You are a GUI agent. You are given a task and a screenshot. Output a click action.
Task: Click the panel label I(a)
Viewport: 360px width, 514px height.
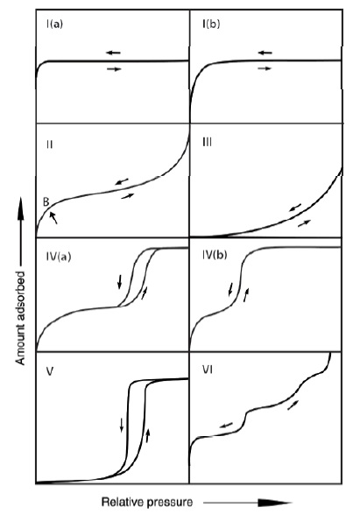tap(54, 25)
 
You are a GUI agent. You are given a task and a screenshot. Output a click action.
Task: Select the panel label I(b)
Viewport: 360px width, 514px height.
tap(211, 24)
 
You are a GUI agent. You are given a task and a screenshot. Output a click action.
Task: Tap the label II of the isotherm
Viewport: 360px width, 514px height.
tap(50, 144)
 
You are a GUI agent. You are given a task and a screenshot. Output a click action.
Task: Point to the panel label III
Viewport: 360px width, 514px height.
tap(208, 143)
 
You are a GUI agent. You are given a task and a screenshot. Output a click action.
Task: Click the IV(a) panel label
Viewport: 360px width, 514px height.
tap(59, 257)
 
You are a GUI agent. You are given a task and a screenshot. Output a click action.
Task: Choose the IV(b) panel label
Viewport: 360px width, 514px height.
tap(215, 255)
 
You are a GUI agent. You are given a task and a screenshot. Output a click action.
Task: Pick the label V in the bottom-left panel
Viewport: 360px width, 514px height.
tap(50, 372)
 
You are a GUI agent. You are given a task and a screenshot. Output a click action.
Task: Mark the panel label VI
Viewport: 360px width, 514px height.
tap(208, 370)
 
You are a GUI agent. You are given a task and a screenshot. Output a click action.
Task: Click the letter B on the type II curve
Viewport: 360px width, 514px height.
tap(46, 202)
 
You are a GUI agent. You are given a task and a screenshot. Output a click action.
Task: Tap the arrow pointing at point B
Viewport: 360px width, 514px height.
tap(53, 218)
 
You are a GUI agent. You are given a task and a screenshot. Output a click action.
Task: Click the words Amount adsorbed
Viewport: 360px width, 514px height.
tap(20, 318)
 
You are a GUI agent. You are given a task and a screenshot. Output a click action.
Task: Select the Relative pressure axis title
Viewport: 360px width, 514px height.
tap(147, 502)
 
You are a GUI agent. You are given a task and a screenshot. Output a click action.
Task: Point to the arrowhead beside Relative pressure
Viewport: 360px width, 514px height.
tap(274, 503)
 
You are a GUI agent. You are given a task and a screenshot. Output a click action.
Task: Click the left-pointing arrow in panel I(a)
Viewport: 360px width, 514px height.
tap(113, 53)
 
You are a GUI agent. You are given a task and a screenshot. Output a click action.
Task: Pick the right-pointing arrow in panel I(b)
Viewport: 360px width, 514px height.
tap(265, 68)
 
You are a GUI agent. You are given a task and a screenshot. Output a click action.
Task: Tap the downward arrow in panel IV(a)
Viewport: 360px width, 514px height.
tap(120, 282)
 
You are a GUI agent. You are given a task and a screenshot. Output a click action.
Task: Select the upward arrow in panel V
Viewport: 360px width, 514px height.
tap(147, 435)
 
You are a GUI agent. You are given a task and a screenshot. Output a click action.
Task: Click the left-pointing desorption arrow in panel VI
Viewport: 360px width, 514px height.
tap(226, 426)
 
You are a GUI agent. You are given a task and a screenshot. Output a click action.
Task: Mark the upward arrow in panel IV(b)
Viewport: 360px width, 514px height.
tap(246, 295)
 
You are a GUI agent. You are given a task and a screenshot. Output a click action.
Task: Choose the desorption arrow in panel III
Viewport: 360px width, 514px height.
tap(295, 208)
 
